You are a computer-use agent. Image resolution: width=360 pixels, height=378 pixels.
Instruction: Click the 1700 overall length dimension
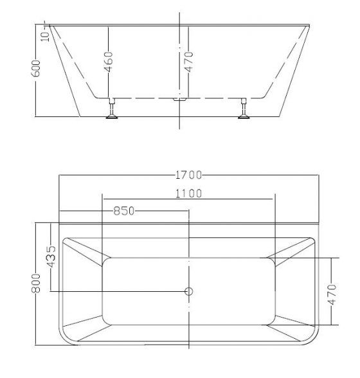(x=188, y=174)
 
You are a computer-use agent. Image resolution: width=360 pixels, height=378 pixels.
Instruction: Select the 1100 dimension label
(x=188, y=193)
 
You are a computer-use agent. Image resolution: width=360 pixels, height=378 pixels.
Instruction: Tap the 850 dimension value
(x=123, y=210)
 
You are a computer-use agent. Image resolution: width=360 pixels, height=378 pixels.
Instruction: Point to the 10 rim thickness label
(x=43, y=32)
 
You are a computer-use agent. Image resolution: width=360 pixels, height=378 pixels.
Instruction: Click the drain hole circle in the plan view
(x=189, y=292)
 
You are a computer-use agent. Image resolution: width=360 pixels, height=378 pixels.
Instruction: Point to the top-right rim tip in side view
(x=311, y=26)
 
